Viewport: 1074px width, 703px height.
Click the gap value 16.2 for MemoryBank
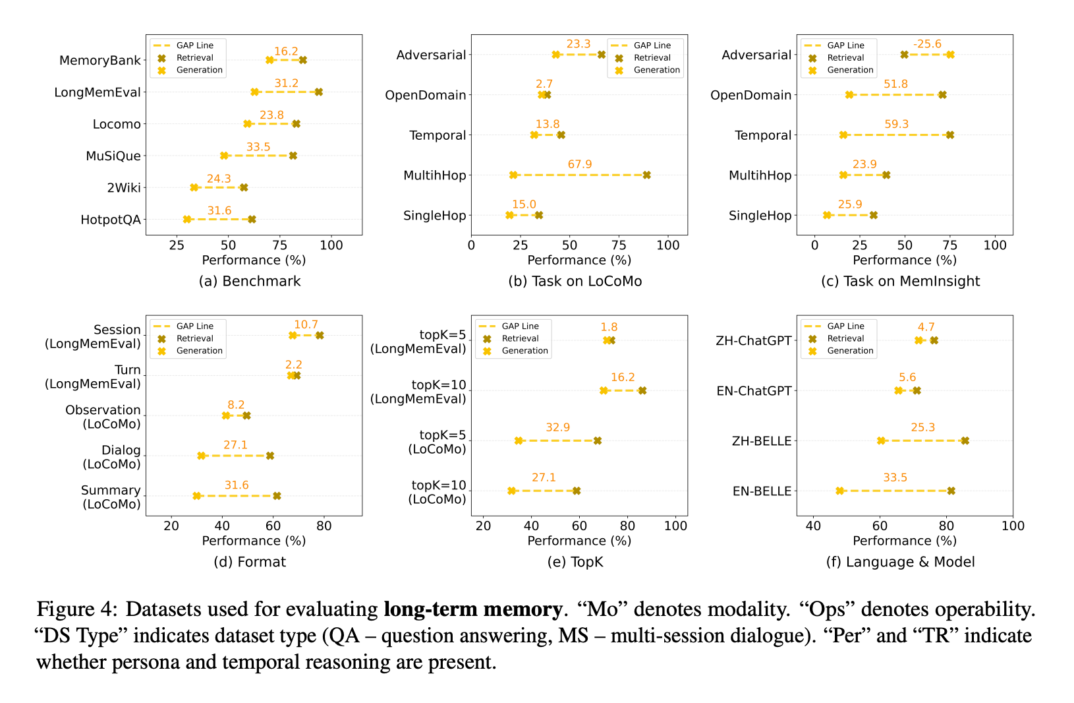tap(286, 51)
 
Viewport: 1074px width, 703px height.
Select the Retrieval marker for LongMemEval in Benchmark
tap(319, 92)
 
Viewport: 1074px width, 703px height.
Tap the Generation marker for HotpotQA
tap(187, 219)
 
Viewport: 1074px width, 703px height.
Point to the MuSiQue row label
tap(113, 156)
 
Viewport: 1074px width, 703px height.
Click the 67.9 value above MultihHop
tap(580, 164)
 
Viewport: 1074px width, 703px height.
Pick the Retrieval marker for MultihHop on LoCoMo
tap(647, 175)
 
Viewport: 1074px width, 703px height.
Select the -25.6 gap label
tap(927, 44)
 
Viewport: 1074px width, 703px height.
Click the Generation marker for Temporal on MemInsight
tap(843, 135)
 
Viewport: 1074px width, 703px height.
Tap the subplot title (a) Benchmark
tap(250, 281)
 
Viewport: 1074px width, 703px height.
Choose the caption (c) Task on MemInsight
tap(900, 281)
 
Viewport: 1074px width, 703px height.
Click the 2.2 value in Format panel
tap(294, 365)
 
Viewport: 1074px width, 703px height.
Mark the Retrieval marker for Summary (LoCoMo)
tap(277, 496)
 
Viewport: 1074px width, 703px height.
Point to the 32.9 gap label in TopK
tap(557, 427)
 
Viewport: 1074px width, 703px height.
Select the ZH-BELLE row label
tap(762, 441)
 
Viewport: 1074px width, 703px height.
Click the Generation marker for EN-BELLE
tap(840, 491)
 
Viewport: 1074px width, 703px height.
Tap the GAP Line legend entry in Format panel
tap(194, 326)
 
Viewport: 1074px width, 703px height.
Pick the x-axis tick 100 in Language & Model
tap(1013, 526)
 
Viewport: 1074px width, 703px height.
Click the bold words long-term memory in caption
tap(472, 609)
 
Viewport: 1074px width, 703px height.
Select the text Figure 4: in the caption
tap(78, 609)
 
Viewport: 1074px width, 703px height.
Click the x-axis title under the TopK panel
tap(579, 541)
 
